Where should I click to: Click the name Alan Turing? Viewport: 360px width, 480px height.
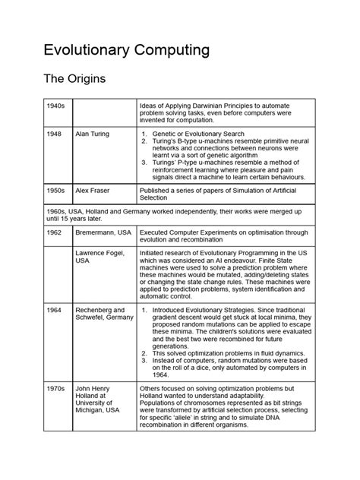[x=92, y=133]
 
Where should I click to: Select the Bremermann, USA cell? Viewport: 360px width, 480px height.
[x=103, y=233]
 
